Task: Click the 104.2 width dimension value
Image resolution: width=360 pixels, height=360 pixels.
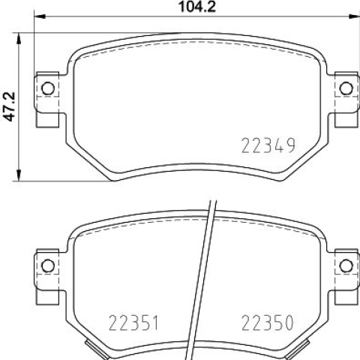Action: [x=197, y=7]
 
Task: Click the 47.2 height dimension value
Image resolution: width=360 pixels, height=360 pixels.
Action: [x=10, y=106]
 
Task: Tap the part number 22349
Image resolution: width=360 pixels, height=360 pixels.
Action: [x=268, y=145]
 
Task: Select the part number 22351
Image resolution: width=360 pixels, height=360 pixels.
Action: [x=133, y=322]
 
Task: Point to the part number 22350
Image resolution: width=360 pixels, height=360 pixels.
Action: [x=267, y=322]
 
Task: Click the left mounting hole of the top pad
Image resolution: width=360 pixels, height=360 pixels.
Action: [x=48, y=88]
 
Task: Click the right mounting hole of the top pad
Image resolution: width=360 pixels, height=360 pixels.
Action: [x=346, y=88]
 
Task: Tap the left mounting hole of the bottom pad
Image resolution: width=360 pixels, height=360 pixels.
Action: [x=48, y=265]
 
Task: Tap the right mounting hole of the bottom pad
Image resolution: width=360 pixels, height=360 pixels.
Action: [x=346, y=265]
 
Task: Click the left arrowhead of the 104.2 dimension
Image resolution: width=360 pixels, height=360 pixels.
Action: [x=40, y=16]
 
